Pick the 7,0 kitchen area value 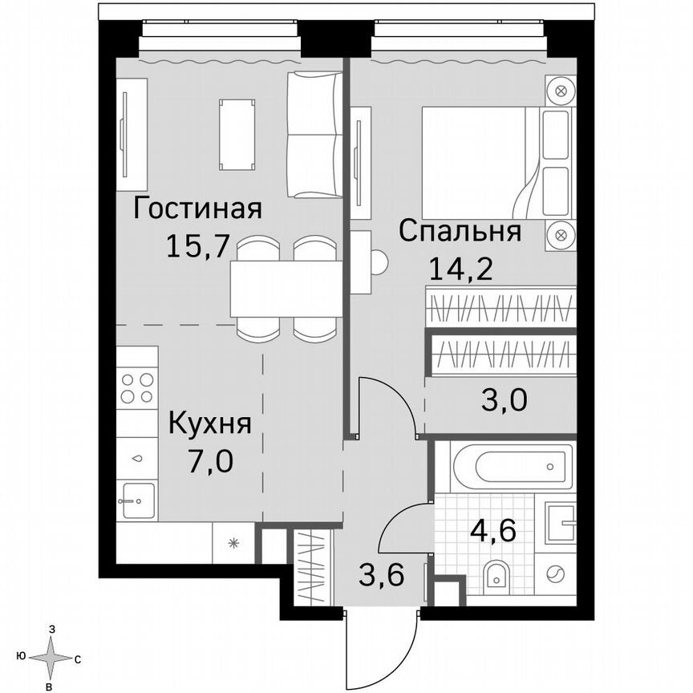coord(209,463)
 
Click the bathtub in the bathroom coord(512,464)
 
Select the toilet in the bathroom coord(497,575)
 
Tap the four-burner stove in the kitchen coord(136,388)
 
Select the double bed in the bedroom coord(481,160)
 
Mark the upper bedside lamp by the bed coord(561,90)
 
